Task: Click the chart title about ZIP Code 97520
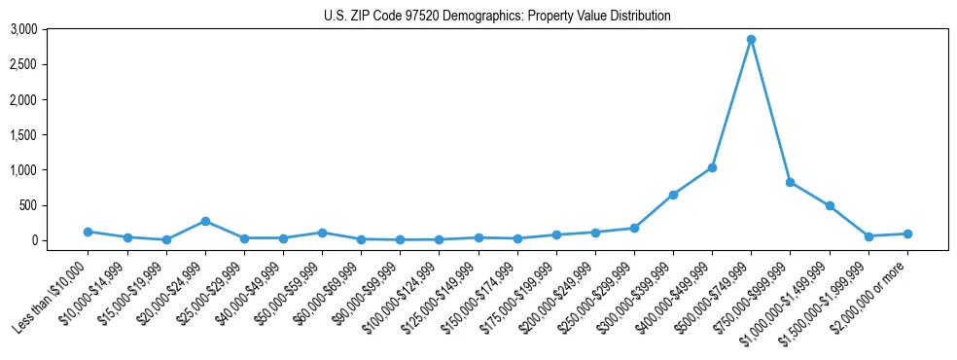497,16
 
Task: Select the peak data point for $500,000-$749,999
751,40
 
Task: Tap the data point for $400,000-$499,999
712,168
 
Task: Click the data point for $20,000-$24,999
205,221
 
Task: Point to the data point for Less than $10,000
88,232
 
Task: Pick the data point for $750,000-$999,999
790,182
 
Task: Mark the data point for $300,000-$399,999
673,195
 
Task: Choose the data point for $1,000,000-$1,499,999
830,206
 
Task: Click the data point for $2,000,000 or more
907,234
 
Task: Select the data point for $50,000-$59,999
322,233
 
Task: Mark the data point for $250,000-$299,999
634,228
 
